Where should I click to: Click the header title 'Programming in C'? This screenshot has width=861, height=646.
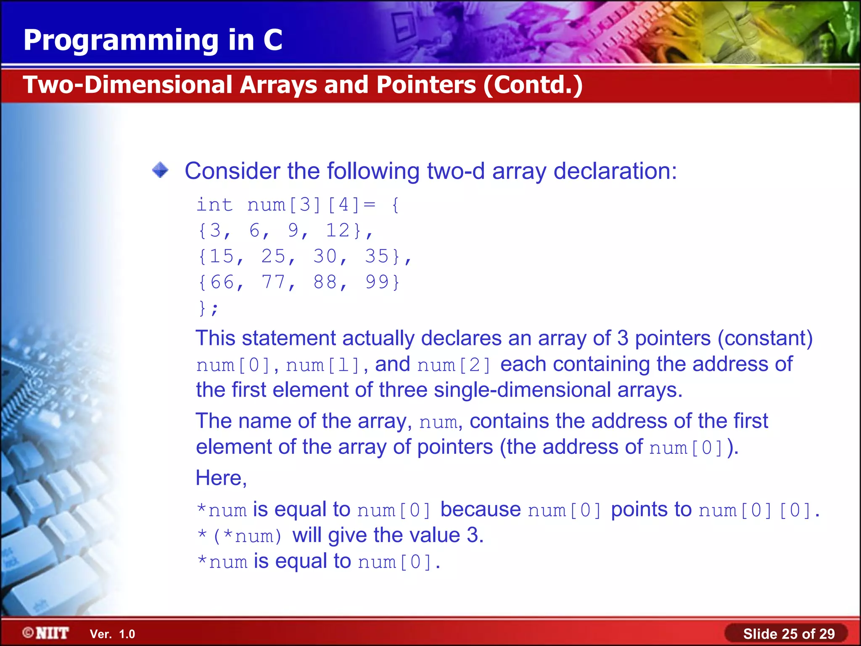153,40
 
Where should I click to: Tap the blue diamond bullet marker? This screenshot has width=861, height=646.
160,170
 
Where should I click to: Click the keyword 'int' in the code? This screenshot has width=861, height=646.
214,205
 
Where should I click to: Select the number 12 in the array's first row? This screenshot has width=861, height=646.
338,230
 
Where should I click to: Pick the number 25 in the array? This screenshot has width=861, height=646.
273,256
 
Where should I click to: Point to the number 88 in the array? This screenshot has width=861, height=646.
325,282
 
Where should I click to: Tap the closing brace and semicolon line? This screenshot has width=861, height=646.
209,308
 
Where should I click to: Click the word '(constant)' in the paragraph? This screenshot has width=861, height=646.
765,338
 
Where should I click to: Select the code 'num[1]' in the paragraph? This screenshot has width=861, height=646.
322,365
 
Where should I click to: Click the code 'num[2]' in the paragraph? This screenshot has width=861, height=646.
454,365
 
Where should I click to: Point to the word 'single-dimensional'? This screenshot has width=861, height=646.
522,390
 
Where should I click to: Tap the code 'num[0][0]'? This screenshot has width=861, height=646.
755,510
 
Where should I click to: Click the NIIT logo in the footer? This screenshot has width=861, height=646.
46,633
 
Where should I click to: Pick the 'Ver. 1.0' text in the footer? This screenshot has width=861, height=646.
112,634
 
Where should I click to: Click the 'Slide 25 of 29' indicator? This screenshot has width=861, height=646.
789,633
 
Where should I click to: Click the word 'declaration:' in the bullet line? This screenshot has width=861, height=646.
615,171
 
